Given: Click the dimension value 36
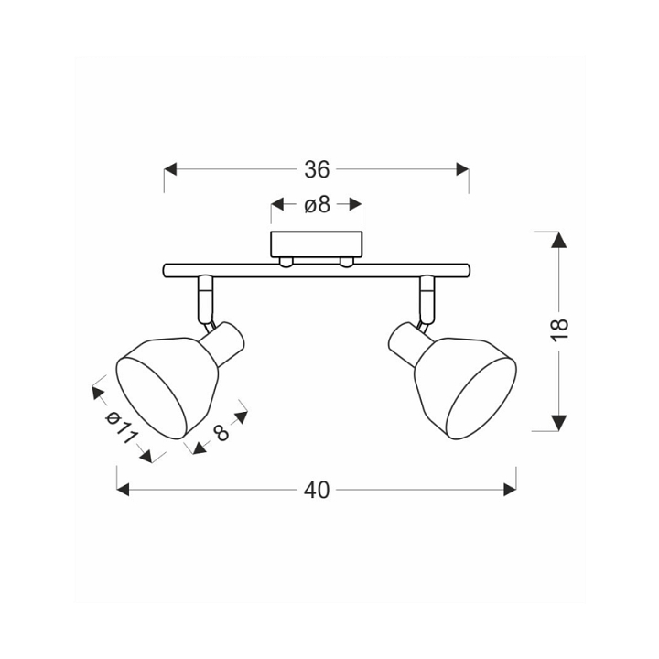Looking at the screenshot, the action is (317, 170).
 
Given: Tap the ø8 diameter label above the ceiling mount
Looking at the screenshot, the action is (317, 205).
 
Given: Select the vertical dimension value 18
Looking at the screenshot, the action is (560, 330).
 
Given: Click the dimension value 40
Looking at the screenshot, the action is (317, 490).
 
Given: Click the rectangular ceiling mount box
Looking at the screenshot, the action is (317, 244).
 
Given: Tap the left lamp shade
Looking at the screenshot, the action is (167, 386).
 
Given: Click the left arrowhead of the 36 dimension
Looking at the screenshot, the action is (170, 170).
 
